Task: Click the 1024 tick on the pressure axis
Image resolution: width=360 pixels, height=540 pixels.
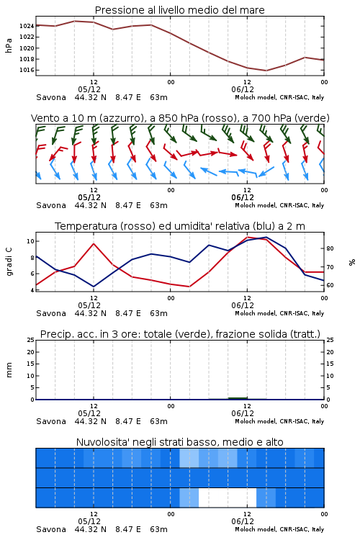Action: coord(27,26)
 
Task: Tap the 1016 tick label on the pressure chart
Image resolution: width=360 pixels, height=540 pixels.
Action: coord(27,70)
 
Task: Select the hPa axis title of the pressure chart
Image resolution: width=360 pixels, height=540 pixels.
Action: coord(9,45)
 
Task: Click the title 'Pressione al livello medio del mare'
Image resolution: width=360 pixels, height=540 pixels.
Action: coord(180,10)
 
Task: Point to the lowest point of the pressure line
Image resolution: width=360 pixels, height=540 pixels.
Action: coord(266,71)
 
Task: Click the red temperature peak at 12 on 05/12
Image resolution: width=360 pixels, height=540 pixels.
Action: coord(94,244)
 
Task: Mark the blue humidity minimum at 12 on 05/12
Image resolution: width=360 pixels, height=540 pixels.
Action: coord(94,287)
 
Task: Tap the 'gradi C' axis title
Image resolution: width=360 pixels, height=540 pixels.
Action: coord(9,262)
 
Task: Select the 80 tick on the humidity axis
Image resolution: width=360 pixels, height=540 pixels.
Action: coord(330,248)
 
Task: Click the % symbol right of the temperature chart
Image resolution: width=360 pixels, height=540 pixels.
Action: coord(352,262)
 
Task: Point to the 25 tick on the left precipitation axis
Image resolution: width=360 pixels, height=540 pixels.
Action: coord(31,340)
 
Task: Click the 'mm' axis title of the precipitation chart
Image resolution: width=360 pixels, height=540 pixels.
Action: coord(9,370)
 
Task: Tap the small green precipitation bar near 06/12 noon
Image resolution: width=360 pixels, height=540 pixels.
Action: coord(238,398)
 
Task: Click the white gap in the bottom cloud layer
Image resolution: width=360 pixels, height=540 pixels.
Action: coord(228,498)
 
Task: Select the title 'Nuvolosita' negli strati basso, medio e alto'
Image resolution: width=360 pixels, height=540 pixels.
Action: coord(180,442)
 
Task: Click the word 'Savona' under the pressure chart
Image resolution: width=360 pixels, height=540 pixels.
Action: coord(51,97)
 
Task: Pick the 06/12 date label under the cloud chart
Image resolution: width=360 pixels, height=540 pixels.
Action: coord(243,521)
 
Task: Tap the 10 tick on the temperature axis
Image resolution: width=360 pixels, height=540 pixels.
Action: coord(31,241)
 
